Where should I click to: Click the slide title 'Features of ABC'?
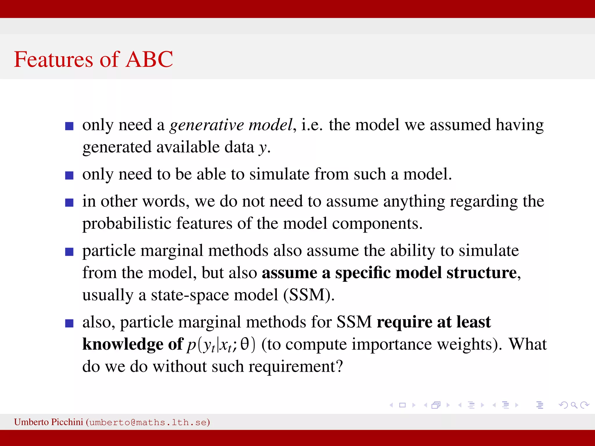tap(93, 59)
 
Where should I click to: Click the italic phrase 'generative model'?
tap(231, 125)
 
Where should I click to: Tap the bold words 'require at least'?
tap(433, 322)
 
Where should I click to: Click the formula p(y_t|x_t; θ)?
tap(221, 345)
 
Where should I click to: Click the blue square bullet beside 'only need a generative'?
tap(69, 126)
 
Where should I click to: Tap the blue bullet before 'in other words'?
tap(69, 202)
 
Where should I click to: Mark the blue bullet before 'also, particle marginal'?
tap(69, 323)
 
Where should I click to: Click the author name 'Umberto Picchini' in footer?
tap(49, 422)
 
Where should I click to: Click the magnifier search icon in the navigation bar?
tap(574, 405)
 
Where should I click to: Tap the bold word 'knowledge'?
tap(123, 345)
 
